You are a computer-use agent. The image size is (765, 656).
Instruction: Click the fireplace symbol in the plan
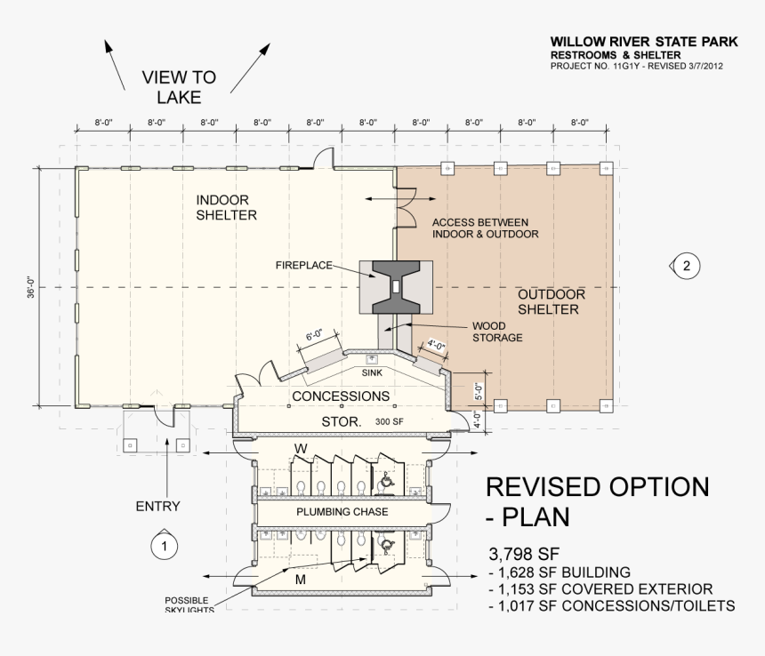395,287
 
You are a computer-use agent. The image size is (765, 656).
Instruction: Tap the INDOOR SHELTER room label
227,208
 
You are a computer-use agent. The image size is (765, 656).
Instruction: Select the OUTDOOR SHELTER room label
551,302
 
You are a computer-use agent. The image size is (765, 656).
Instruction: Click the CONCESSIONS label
340,396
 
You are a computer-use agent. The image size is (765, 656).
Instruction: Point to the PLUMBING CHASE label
340,513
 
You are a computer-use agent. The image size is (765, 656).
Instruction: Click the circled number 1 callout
164,545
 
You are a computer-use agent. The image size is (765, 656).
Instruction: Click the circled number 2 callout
685,265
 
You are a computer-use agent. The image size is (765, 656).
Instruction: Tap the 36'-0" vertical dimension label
30,287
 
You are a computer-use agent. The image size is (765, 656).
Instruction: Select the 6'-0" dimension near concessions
315,336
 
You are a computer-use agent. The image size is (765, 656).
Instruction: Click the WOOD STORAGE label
496,332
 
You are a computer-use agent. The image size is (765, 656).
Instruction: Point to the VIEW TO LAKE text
179,88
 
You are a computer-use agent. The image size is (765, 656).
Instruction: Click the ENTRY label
157,507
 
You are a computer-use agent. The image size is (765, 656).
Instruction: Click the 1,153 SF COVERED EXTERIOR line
601,588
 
